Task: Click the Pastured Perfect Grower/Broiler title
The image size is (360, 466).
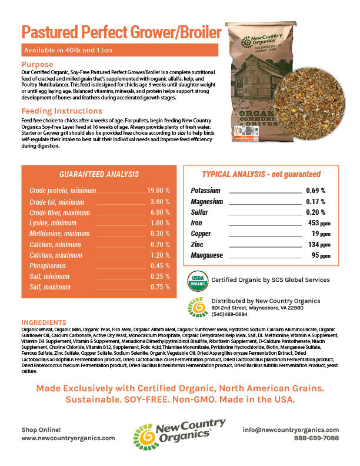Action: coord(122,31)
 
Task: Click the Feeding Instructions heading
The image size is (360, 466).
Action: coord(62,111)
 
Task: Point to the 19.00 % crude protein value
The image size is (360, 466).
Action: coord(158,191)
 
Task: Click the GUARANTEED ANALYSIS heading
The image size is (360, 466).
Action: coord(99,174)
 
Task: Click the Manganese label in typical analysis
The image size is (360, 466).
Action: coord(208,255)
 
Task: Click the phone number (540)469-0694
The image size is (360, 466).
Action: coord(229,314)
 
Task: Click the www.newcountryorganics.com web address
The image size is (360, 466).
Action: coord(68,438)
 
